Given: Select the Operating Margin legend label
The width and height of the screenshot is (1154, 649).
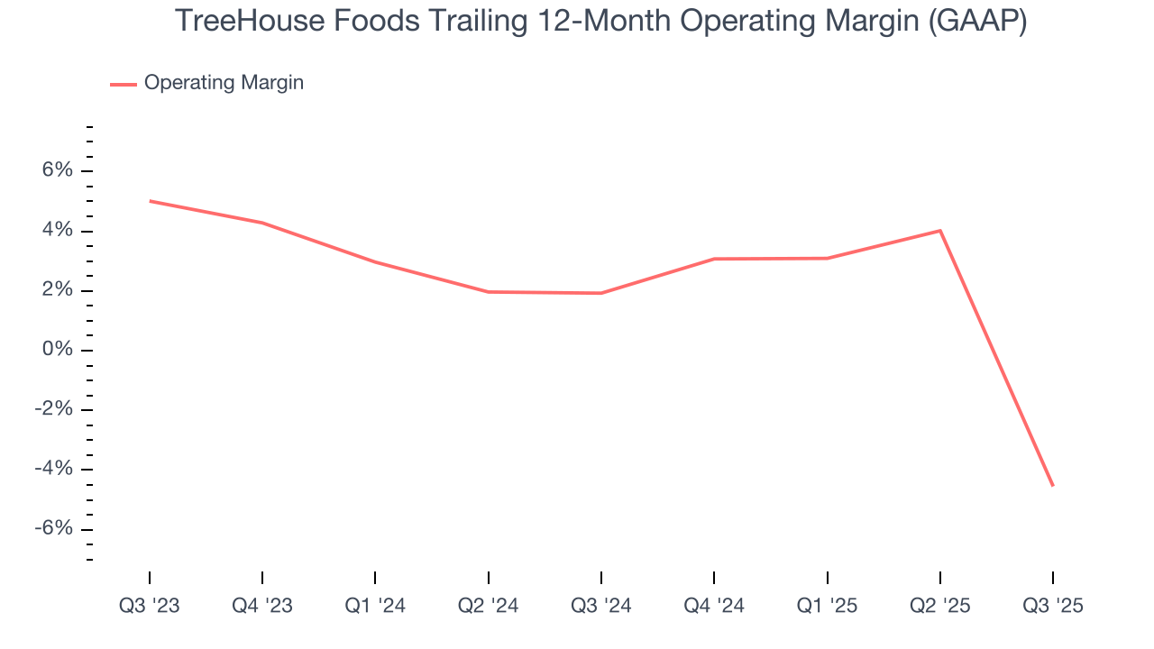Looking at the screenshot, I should point(224,83).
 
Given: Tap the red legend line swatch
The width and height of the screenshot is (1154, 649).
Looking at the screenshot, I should point(124,84).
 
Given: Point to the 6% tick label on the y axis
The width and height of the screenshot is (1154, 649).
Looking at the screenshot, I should point(53,171).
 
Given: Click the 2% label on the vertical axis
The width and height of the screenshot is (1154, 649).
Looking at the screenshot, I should point(53,290).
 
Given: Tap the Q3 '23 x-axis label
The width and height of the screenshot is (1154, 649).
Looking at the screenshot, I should point(150,606).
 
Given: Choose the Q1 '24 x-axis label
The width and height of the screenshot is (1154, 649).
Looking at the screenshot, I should point(375,606).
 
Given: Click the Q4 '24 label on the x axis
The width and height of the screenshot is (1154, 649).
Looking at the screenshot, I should point(714,606).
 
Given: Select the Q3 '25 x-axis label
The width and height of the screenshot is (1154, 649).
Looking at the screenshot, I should point(1053,606).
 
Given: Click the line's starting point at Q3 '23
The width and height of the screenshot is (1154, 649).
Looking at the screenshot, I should point(150,201).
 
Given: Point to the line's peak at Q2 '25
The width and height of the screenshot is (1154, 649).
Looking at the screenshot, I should point(940,231).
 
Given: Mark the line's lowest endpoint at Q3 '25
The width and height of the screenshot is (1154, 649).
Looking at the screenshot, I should point(1052,486).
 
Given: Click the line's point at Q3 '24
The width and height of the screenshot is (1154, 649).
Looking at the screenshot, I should point(601,293).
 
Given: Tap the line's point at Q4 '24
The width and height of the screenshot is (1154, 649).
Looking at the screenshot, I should point(714,259).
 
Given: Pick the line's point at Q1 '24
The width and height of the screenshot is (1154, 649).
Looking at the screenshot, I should point(375,262).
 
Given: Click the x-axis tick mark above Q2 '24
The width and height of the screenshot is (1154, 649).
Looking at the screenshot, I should point(488,577).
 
